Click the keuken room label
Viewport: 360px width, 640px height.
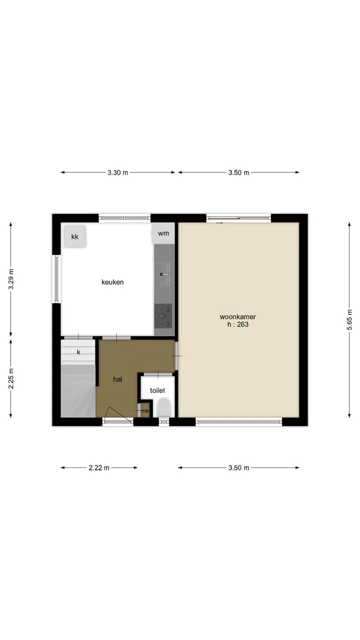[112, 282]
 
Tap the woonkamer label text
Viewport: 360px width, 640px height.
[237, 316]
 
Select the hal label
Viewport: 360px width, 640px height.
[117, 379]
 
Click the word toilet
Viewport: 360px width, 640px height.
[157, 390]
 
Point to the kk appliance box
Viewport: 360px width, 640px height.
[75, 236]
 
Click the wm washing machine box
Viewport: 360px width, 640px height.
[163, 233]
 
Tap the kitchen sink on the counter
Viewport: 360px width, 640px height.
[163, 274]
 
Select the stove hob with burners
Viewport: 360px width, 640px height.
[163, 316]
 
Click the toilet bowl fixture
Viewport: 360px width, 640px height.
[164, 408]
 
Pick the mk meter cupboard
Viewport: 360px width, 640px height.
[144, 410]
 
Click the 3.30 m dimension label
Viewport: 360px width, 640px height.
[117, 172]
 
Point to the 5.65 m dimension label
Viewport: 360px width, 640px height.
[349, 319]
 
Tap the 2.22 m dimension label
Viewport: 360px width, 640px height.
[99, 467]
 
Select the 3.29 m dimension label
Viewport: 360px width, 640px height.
[11, 279]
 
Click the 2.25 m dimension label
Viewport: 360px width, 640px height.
[11, 378]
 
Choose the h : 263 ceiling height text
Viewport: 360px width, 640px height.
[238, 324]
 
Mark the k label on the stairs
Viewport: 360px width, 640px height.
[78, 352]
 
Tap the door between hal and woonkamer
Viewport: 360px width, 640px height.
[176, 356]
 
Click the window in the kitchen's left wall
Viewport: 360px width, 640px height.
[56, 279]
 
